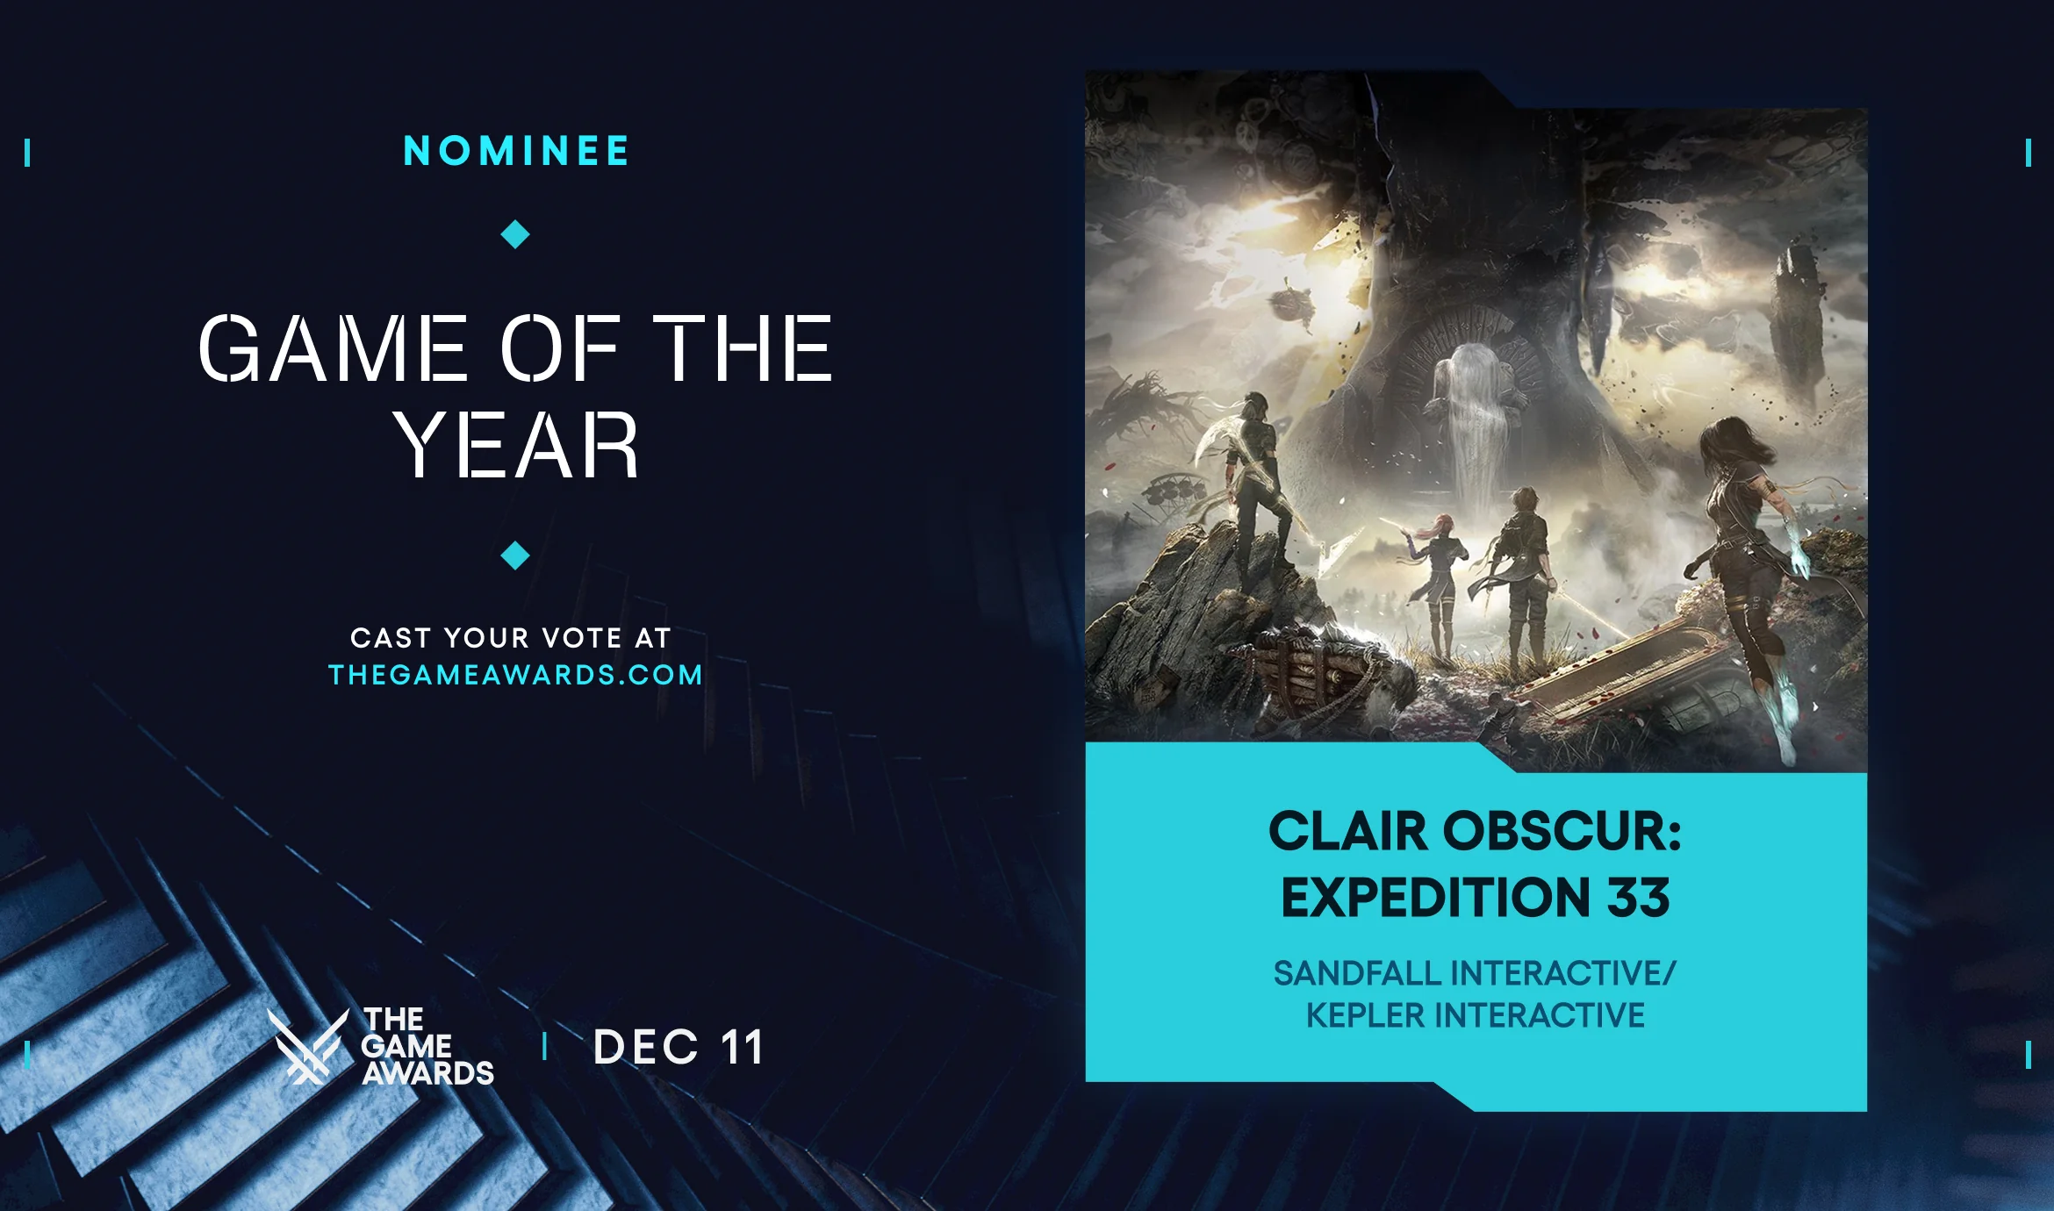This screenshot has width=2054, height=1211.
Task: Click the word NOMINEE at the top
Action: pos(516,151)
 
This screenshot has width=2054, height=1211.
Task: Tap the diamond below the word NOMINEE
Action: pos(515,234)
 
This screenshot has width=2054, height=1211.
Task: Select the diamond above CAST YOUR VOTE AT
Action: pos(515,555)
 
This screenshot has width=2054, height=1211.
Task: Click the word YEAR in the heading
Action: pos(516,446)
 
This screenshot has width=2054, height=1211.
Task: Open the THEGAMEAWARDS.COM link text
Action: pos(515,675)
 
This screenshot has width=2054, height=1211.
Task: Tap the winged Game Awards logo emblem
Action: pos(307,1046)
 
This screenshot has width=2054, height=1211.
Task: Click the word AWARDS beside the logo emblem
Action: pos(428,1073)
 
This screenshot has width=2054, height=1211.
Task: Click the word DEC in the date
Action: pos(646,1047)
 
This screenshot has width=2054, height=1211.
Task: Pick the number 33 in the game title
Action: pos(1638,898)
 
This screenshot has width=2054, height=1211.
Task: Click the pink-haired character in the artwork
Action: pos(1440,579)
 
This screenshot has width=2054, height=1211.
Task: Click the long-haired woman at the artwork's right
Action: pos(1742,544)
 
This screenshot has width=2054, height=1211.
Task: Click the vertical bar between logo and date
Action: pos(545,1046)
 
